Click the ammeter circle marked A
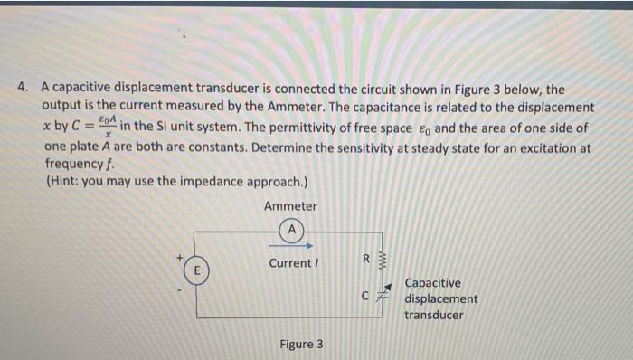(x=290, y=230)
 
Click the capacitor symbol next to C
(x=383, y=296)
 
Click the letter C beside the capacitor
(x=364, y=296)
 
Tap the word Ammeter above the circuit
(x=290, y=207)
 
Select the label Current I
(x=291, y=263)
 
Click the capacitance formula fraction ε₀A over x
(x=107, y=127)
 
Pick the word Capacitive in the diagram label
(x=432, y=283)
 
